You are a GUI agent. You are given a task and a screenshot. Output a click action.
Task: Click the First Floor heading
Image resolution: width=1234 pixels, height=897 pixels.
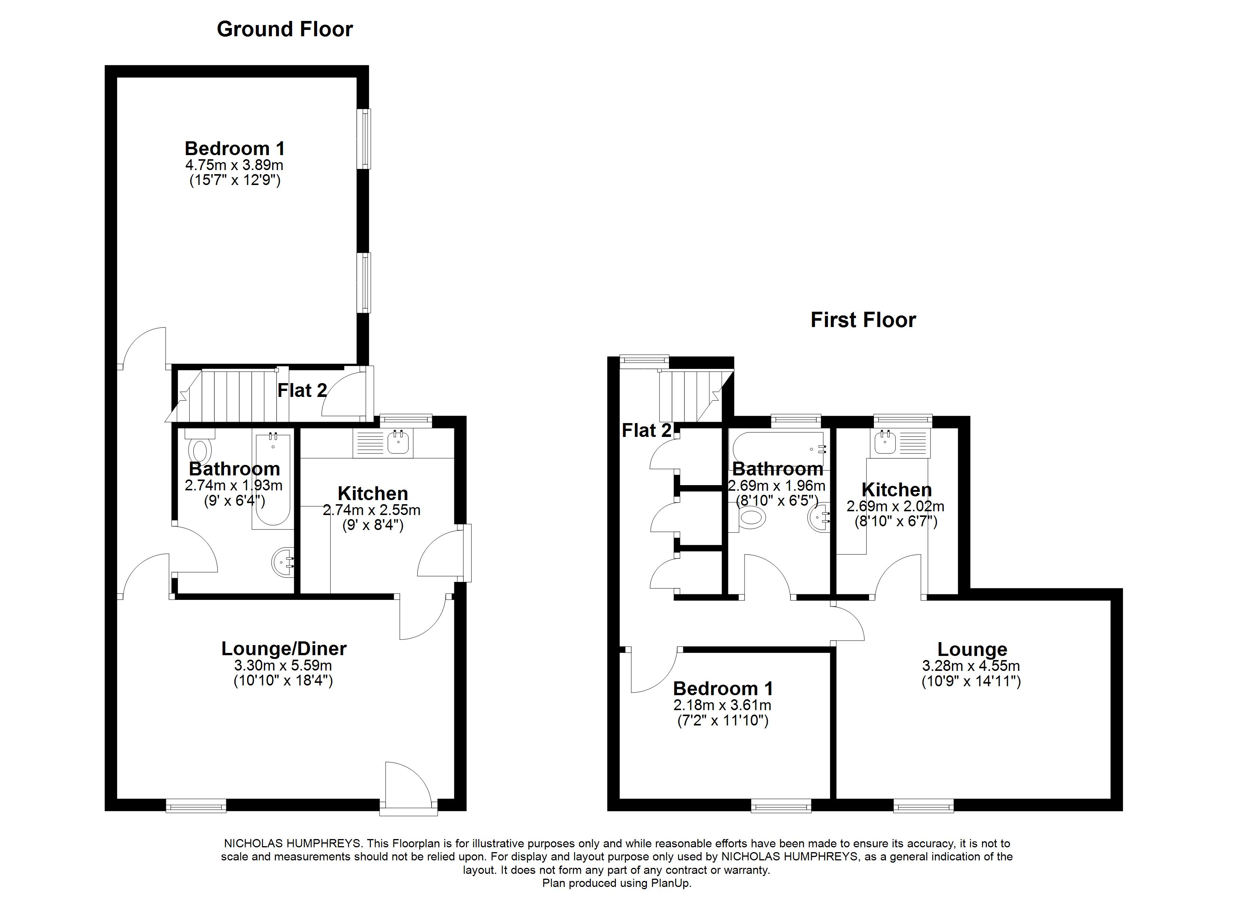(x=863, y=320)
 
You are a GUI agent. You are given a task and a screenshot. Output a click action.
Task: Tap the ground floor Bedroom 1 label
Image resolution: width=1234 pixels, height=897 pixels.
(x=234, y=148)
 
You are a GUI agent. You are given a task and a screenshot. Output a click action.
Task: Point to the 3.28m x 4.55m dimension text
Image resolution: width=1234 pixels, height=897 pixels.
(x=971, y=666)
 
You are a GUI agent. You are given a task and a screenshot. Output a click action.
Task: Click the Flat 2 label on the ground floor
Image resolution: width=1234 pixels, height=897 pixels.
(x=302, y=391)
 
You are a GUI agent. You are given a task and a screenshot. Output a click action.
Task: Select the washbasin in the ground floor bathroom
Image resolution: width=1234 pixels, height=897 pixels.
(x=283, y=562)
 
